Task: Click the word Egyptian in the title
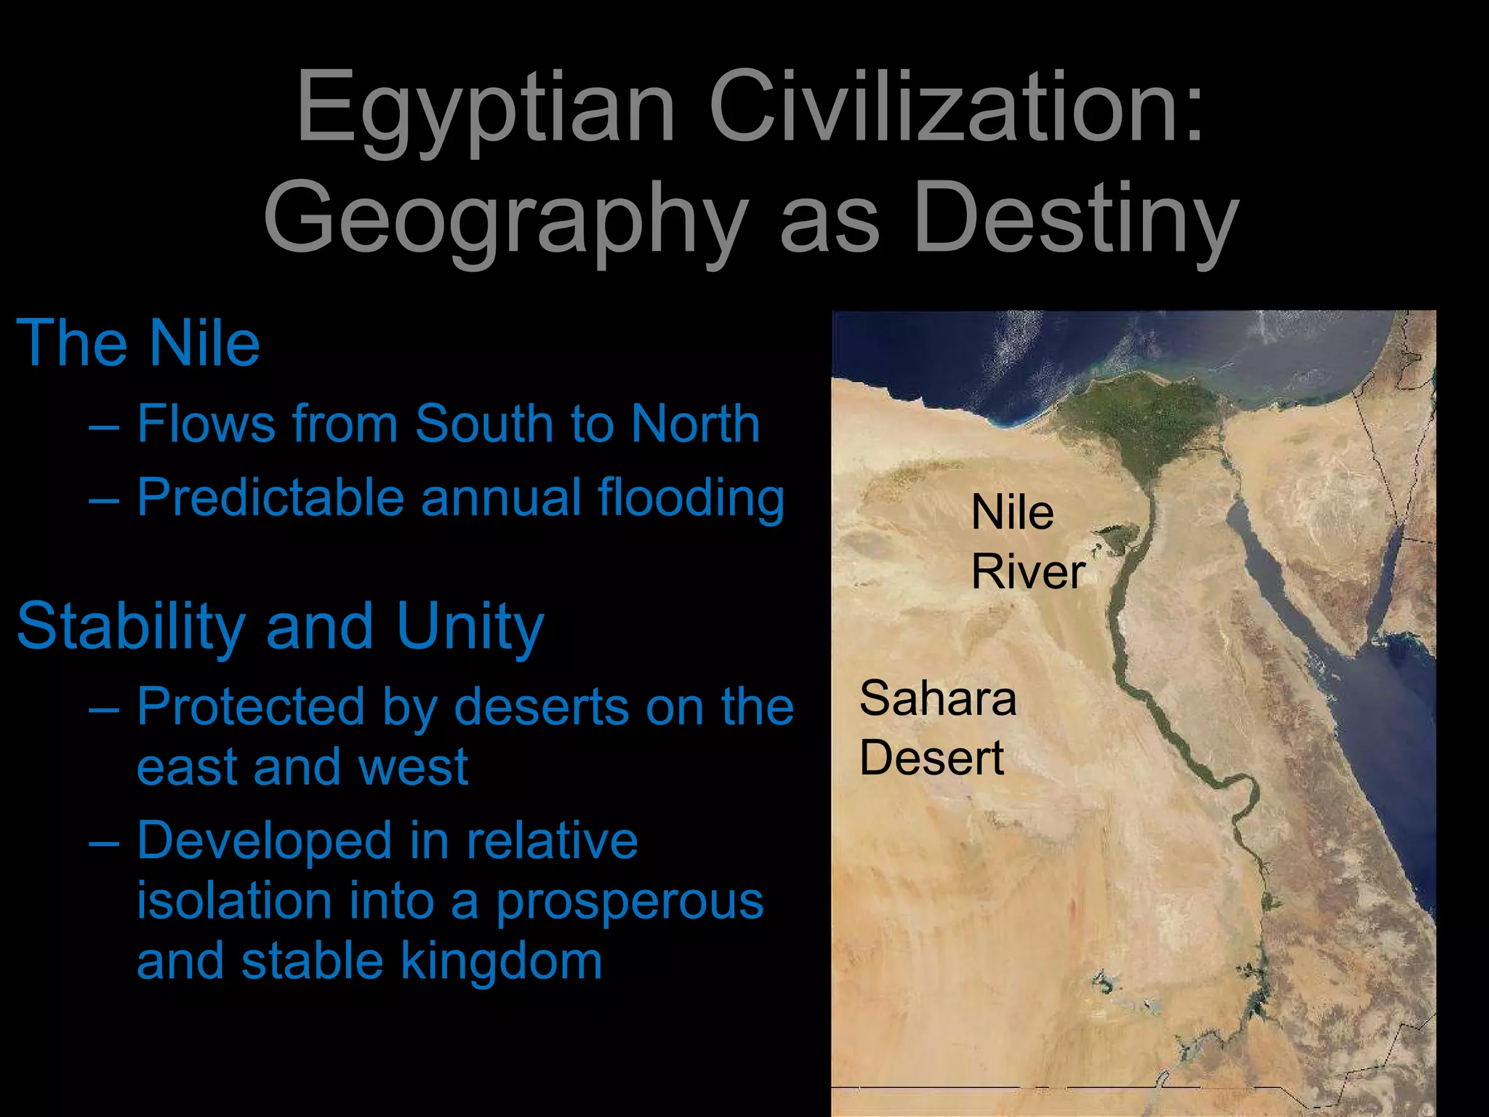486,109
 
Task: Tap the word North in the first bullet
695,423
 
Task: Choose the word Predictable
270,498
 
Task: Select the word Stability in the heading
131,627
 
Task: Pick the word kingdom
502,962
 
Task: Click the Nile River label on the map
1027,542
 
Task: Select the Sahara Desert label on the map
937,728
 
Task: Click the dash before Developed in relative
104,843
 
